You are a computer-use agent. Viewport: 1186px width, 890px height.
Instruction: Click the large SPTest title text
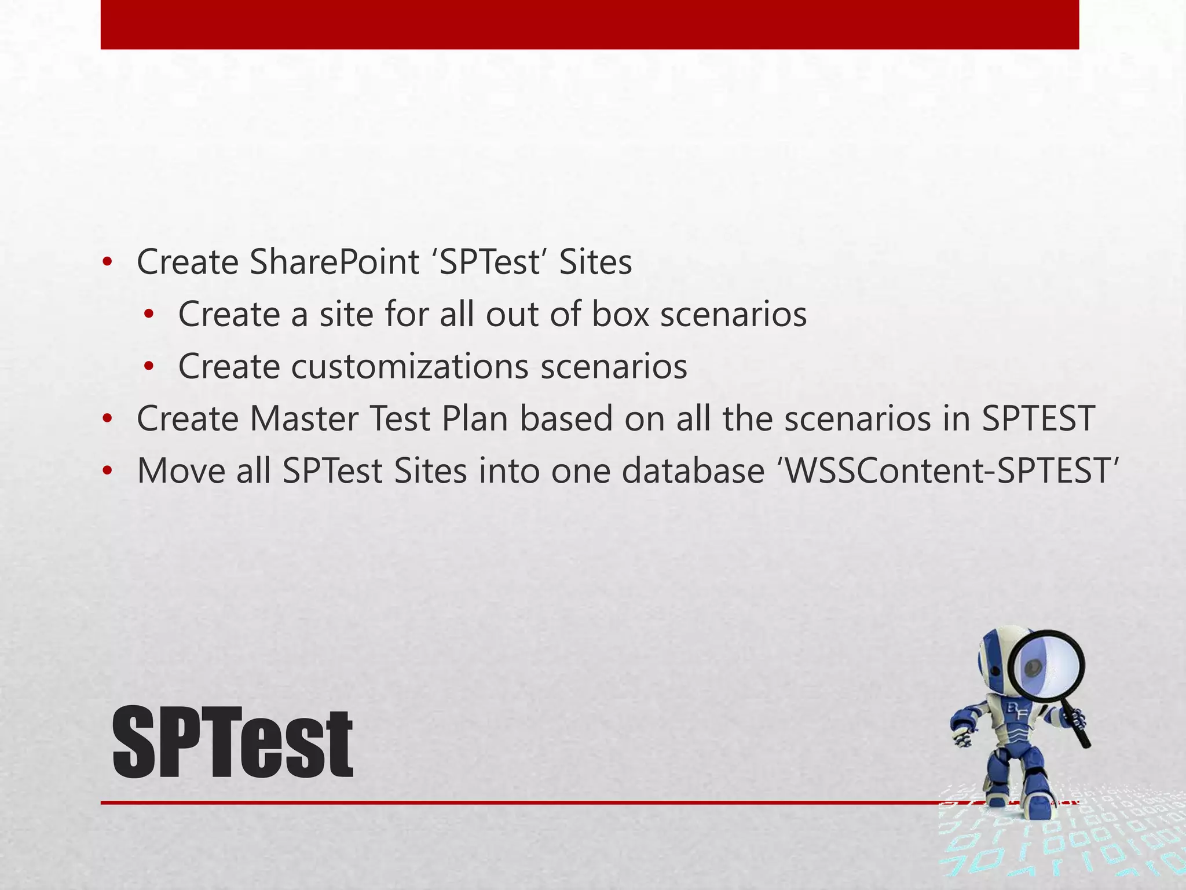point(232,743)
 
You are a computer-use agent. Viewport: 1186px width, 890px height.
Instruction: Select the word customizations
point(410,367)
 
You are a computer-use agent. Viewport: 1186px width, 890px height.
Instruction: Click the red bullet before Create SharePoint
point(107,262)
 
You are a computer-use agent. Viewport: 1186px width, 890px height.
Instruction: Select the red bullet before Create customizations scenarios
point(149,367)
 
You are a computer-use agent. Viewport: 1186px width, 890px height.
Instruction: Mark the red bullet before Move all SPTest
point(107,471)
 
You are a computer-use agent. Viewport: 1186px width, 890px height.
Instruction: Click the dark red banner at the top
point(590,24)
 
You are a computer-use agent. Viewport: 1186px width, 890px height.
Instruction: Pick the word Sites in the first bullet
point(595,262)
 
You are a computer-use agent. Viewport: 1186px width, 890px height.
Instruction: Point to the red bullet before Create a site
point(149,315)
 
